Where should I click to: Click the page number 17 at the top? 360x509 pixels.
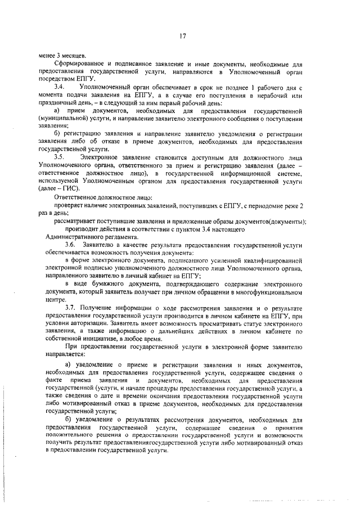point(183,37)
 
